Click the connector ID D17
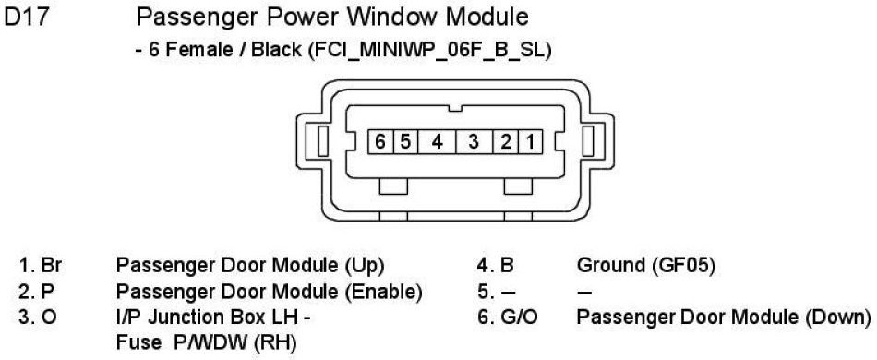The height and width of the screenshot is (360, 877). pos(27,18)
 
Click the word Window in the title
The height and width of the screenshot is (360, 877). pos(392,18)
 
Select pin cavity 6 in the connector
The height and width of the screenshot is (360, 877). pos(380,142)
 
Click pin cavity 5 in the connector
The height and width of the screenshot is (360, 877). pos(405,142)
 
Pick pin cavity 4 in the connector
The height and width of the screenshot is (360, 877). pos(438,142)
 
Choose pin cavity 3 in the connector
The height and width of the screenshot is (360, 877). pos(475,142)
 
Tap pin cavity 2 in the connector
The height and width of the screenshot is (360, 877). pos(506,142)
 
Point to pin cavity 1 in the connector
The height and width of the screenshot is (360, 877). pos(530,142)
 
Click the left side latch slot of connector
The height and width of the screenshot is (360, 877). pos(323,141)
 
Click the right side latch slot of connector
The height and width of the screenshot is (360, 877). pos(587,141)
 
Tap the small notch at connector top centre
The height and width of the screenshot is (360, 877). pos(455,107)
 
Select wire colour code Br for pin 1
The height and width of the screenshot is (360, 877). pos(52,266)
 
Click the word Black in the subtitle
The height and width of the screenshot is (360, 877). pos(276,51)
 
